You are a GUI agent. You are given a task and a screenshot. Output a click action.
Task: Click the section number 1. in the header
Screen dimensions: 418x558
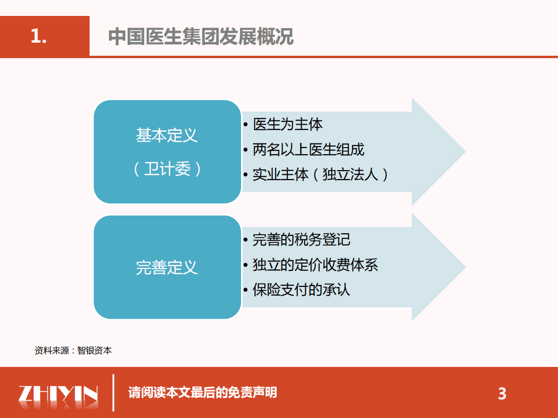pos(39,36)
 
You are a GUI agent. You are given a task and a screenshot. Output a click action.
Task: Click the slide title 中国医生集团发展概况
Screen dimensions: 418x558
pos(201,37)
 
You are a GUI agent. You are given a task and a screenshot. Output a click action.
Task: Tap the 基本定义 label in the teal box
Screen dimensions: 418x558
pos(167,136)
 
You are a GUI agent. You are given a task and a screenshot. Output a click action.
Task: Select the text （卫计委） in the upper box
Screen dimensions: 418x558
pos(167,169)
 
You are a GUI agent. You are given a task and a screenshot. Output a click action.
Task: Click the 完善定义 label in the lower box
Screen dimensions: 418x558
pos(167,268)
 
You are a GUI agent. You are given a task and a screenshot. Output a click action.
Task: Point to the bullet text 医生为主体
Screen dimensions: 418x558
pos(287,125)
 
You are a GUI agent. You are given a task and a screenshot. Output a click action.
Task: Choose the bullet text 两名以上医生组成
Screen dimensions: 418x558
pos(308,150)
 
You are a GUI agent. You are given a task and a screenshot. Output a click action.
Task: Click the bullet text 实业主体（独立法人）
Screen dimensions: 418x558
pos(321,175)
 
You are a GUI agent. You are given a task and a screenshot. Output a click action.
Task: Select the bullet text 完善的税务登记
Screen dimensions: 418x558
pos(301,240)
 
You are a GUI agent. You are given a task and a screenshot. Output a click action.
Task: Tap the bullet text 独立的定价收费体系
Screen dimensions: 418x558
pos(315,265)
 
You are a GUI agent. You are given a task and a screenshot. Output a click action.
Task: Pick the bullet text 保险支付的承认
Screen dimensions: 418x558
pos(301,290)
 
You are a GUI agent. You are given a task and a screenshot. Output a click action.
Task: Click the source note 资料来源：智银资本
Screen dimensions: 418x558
pos(73,351)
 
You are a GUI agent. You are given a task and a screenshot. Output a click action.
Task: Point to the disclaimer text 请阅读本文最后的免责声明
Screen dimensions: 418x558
pos(203,392)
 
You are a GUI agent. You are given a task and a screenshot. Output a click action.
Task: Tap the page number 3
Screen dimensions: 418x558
pos(502,394)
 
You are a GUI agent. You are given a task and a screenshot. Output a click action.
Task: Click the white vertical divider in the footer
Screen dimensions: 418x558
pos(113,393)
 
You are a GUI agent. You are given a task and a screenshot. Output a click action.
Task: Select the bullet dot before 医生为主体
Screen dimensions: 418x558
pos(246,125)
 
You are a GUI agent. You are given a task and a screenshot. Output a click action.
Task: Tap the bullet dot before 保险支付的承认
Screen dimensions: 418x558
pos(246,290)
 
